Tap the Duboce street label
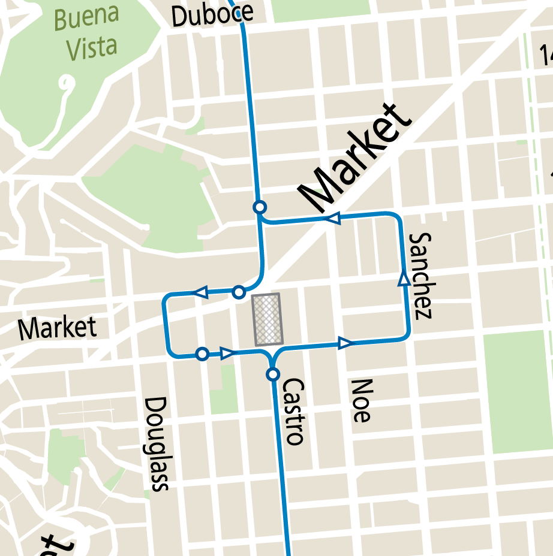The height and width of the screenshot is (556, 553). [211, 15]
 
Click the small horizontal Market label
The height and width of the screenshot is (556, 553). [57, 329]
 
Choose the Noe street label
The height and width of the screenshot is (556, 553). [361, 400]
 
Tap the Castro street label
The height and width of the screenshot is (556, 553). [293, 411]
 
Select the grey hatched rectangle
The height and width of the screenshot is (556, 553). [268, 319]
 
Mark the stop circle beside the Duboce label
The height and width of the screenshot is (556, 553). [240, 12]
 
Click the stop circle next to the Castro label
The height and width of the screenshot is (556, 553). [273, 374]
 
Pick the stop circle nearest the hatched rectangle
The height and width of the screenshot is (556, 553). [239, 292]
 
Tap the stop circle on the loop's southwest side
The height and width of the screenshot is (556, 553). [203, 354]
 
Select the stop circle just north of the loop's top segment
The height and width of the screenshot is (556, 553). [260, 207]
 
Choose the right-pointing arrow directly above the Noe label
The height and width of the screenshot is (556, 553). [345, 343]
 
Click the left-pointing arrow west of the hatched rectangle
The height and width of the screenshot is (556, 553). [200, 292]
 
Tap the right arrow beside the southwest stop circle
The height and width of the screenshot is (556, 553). [227, 353]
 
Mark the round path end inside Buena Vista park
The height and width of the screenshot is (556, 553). [66, 81]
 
